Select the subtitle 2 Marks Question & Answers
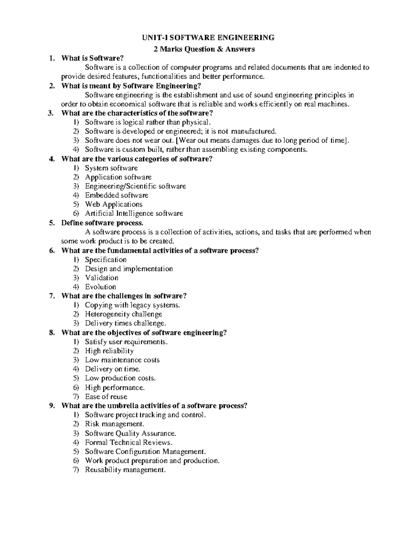coord(205,49)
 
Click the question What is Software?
coord(92,58)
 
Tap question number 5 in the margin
coord(52,223)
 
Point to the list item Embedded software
coord(117,195)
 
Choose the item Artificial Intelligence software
coord(134,213)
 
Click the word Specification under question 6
coord(106,260)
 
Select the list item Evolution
coord(100,287)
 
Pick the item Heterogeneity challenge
coord(123,314)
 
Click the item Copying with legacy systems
coord(132,305)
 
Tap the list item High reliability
coord(109,351)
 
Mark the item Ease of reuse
coord(106,396)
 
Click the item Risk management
coord(115,424)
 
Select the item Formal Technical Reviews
coord(129,442)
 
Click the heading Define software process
coord(102,223)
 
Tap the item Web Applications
coord(114,204)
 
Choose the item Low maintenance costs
coord(122,360)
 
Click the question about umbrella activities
coord(154,405)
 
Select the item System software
coord(111,168)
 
